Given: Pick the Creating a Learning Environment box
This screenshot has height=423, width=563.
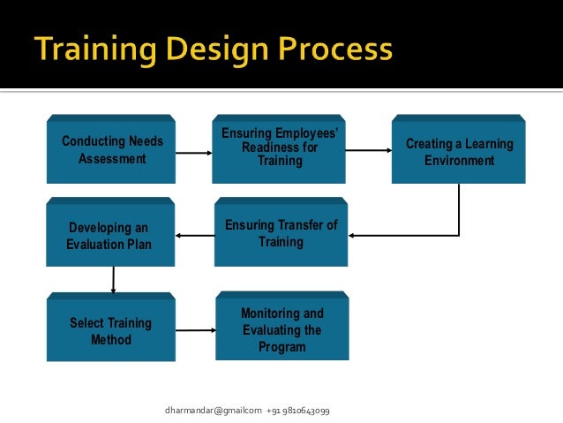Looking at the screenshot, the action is pyautogui.click(x=459, y=152).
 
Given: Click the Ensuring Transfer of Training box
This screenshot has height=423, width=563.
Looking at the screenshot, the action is pyautogui.click(x=281, y=234).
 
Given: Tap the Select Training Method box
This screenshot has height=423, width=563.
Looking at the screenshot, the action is pyautogui.click(x=110, y=330).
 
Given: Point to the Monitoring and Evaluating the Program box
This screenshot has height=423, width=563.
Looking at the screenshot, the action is pyautogui.click(x=281, y=330).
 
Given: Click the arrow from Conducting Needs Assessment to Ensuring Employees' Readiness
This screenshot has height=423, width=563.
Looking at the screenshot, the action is pyautogui.click(x=195, y=153).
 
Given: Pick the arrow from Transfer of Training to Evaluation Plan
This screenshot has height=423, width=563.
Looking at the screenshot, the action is pyautogui.click(x=195, y=235).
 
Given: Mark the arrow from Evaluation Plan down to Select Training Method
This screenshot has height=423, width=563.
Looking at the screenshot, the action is pyautogui.click(x=113, y=281).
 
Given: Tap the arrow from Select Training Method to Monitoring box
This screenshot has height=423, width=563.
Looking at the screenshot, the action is pyautogui.click(x=195, y=330).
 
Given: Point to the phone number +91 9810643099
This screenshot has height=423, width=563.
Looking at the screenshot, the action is pyautogui.click(x=297, y=411).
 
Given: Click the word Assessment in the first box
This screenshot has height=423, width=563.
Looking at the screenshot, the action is pyautogui.click(x=112, y=160).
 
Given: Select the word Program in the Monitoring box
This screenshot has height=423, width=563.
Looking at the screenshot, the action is pyautogui.click(x=281, y=347).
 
